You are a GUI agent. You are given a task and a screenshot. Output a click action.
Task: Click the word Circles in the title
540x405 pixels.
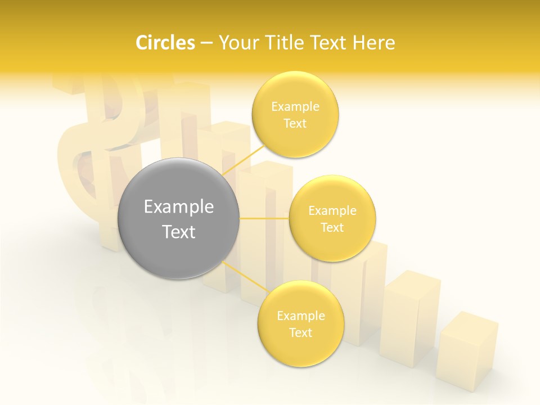(x=165, y=43)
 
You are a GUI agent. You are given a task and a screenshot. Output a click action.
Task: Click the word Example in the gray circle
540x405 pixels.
(x=179, y=207)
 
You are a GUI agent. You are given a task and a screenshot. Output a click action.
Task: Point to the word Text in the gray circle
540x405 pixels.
(x=179, y=232)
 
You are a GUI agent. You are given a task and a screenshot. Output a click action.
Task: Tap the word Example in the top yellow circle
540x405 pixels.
(x=295, y=107)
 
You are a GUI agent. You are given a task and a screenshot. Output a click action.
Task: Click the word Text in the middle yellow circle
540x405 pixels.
(x=332, y=228)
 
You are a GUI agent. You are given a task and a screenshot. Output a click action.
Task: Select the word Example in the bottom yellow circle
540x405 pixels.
(x=300, y=316)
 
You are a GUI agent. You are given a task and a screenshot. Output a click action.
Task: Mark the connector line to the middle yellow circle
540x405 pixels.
(x=264, y=218)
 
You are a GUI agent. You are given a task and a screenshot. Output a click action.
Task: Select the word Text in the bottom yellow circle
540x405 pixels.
(x=300, y=333)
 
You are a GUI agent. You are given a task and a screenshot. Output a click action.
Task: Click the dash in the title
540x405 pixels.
(x=206, y=43)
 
